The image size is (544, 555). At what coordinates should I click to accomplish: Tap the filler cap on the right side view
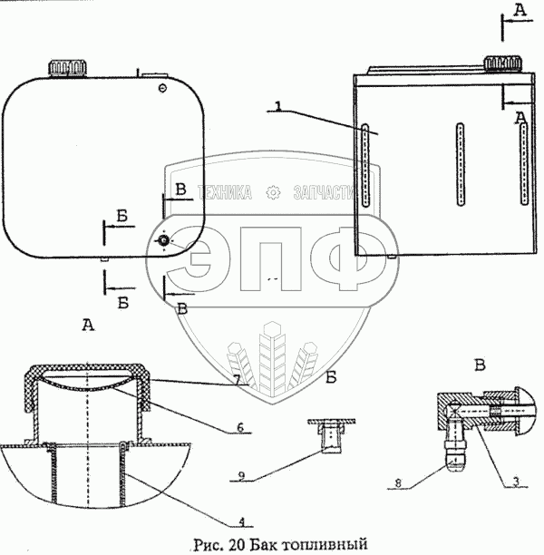tap(501, 63)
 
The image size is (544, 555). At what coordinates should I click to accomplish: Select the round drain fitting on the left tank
tap(163, 241)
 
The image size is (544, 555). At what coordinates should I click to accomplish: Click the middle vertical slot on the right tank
tap(461, 164)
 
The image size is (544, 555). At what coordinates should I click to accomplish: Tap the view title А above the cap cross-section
tap(87, 326)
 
